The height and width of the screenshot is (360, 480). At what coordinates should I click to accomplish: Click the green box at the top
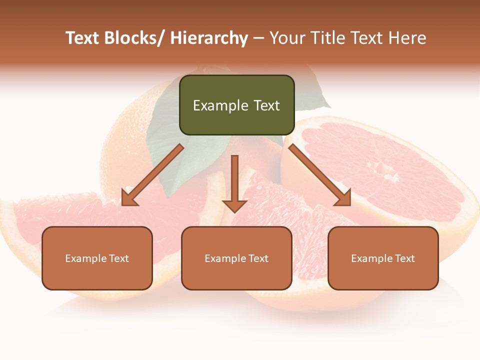(x=236, y=105)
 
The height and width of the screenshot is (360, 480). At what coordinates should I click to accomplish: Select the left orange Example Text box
(x=97, y=258)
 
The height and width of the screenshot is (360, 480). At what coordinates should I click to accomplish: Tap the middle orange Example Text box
(x=236, y=258)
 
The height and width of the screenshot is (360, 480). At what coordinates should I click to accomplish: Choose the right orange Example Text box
(x=383, y=258)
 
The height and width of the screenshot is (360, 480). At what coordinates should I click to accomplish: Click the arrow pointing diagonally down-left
(x=152, y=175)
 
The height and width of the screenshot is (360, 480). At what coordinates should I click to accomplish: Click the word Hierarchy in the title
(x=209, y=38)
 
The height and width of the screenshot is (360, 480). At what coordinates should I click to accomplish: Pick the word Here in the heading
(x=405, y=38)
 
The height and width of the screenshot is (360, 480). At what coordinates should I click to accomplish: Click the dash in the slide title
(x=258, y=38)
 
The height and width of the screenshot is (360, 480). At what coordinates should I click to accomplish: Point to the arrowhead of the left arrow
(x=129, y=197)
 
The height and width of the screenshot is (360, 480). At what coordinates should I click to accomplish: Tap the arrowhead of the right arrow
(x=343, y=197)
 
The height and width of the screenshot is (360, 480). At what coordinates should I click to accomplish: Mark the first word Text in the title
(x=83, y=38)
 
